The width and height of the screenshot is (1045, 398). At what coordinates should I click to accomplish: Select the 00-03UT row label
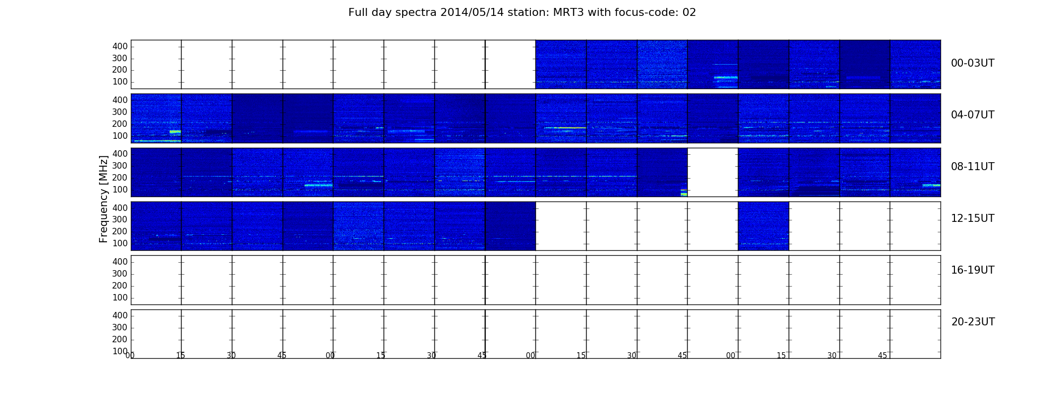coord(972,63)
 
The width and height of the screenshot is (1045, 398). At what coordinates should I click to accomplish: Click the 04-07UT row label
coord(972,115)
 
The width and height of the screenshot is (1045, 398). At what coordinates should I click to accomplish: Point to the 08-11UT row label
coord(972,167)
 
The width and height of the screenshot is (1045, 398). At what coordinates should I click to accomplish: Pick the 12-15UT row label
coord(972,218)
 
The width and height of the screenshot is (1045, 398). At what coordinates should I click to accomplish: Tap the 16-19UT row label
coord(972,270)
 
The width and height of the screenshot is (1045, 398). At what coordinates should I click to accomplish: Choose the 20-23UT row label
coord(973,322)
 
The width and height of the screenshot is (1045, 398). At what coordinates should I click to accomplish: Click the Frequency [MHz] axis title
coord(104,199)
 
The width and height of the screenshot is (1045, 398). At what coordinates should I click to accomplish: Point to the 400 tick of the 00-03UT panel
coord(120,46)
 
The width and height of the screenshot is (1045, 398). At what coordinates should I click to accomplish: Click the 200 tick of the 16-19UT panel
coord(120,286)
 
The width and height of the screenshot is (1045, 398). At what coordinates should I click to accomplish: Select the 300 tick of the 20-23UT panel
coord(120,327)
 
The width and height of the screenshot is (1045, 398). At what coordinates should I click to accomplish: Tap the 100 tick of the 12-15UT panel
coord(120,243)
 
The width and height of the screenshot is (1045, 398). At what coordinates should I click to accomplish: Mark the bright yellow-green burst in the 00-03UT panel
coord(726,78)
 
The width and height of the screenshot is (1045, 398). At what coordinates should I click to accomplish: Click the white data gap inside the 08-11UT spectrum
coord(713,172)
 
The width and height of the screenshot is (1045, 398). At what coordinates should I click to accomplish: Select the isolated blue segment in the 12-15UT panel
coord(763,226)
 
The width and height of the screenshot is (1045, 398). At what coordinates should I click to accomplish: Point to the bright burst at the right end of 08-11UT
coord(932,185)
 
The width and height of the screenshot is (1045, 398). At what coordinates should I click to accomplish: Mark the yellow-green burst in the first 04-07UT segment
coord(175,132)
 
